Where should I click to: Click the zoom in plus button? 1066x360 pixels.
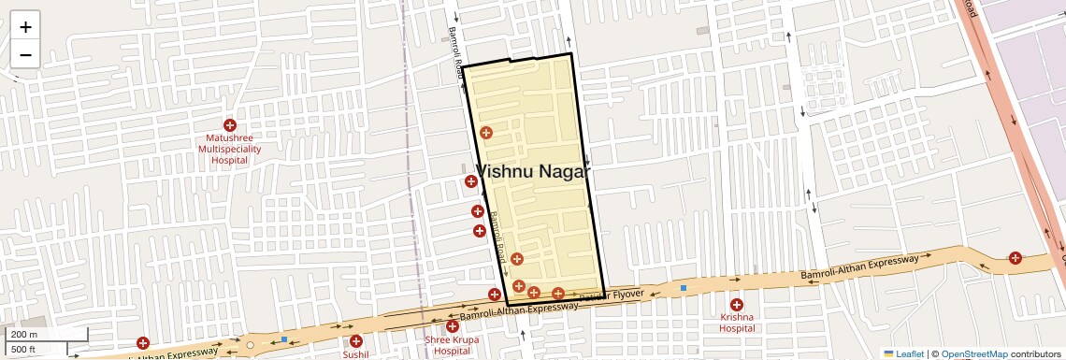(x=25, y=27)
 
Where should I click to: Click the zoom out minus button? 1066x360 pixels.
(x=25, y=54)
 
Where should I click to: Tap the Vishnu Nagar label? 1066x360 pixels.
(x=534, y=171)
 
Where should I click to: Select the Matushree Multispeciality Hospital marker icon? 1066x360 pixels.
(x=229, y=125)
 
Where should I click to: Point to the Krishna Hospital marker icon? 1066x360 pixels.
(x=736, y=305)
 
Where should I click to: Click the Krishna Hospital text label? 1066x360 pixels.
(x=737, y=323)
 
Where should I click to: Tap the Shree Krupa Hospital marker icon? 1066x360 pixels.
(x=453, y=325)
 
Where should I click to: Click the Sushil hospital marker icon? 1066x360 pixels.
(x=355, y=341)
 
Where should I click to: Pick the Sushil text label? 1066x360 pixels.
(x=355, y=354)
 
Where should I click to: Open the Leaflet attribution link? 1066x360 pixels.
(x=903, y=353)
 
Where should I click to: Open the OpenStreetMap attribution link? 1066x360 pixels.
(x=973, y=353)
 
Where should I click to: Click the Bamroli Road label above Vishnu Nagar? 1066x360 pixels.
(x=456, y=56)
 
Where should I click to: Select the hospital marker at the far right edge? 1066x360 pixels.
(x=1015, y=258)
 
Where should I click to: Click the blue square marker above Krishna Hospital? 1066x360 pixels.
(x=684, y=287)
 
